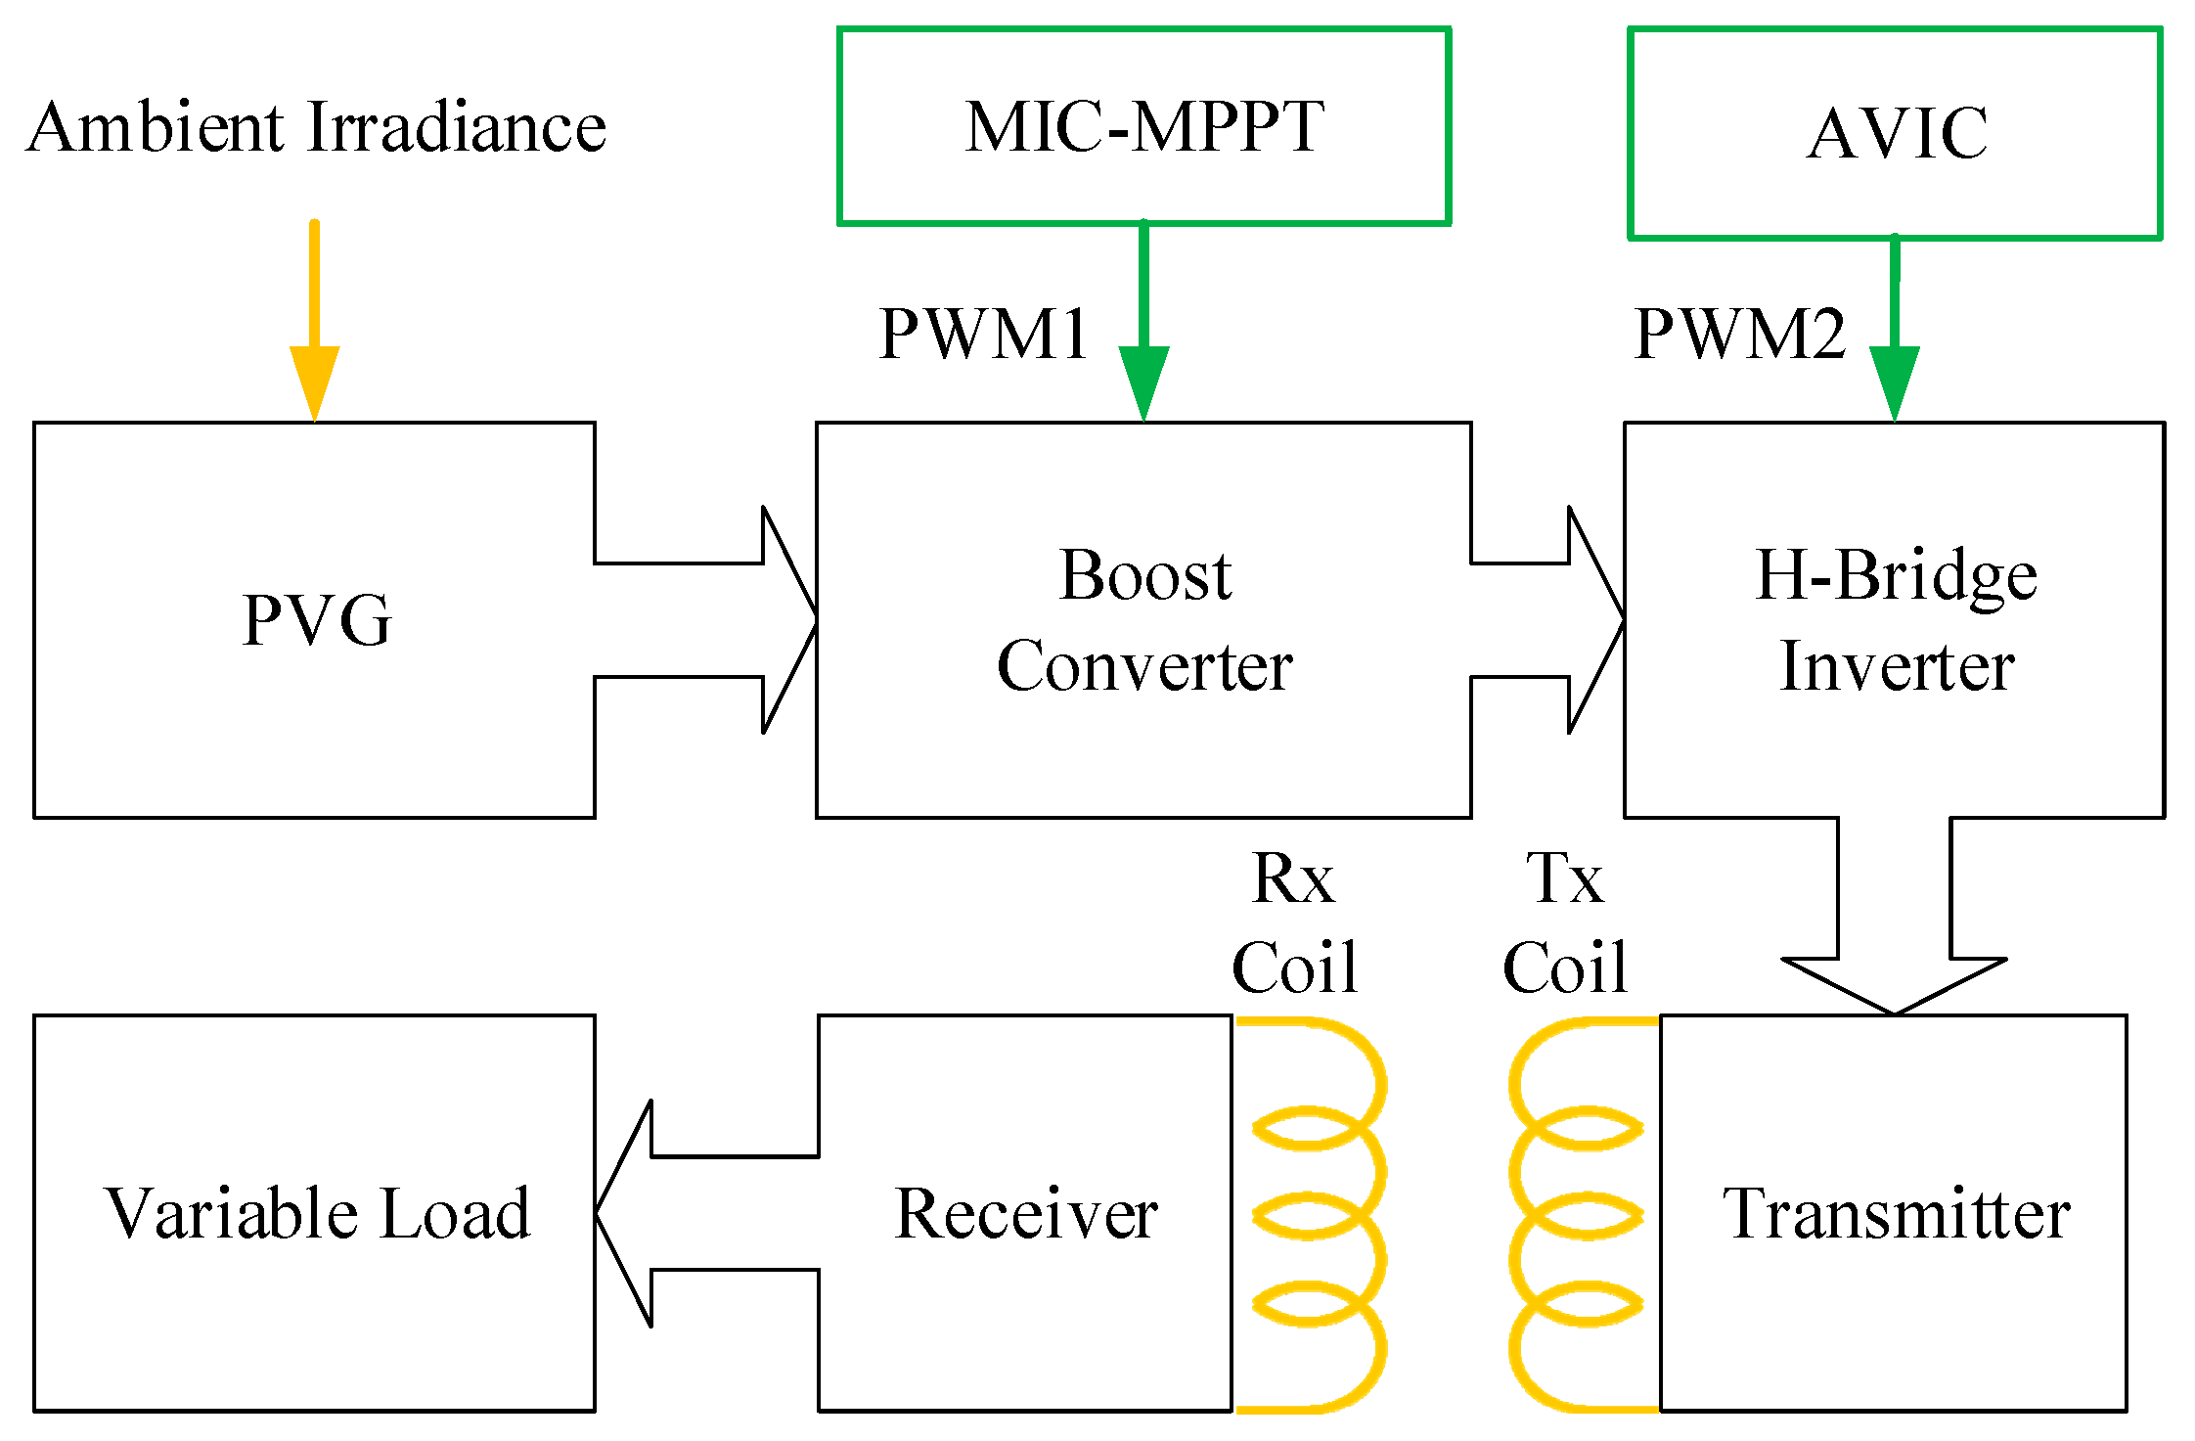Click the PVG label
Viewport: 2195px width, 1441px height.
316,620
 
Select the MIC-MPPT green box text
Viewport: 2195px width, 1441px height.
1143,127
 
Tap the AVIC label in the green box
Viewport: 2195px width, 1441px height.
1896,133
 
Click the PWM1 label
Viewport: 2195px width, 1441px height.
983,335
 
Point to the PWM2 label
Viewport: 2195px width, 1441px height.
1739,335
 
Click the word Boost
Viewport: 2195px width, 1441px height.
1144,575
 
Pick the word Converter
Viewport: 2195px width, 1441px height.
1144,667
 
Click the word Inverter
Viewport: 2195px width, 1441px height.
1896,667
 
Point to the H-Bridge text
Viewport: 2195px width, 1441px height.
1896,575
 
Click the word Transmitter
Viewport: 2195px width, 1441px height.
1896,1214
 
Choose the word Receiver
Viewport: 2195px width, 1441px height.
1025,1214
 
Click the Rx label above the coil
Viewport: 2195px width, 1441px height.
1293,878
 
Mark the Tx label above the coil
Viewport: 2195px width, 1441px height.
1564,878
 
